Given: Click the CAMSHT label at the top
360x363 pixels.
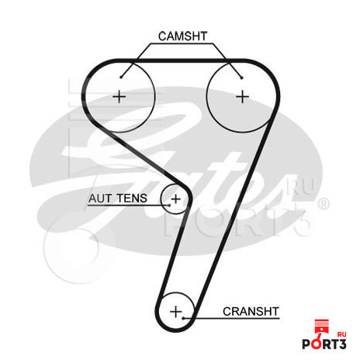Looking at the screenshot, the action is click(x=183, y=36).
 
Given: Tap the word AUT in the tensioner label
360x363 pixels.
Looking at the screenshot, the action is click(x=100, y=199).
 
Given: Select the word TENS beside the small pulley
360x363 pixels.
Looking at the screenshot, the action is click(x=132, y=199).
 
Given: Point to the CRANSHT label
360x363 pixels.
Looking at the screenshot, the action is click(x=251, y=312).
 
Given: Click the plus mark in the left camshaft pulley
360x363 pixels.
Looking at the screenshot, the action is click(x=119, y=97).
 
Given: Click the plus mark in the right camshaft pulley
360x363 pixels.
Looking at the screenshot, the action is click(x=243, y=97).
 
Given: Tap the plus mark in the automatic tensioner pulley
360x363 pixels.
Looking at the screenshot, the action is click(x=176, y=199).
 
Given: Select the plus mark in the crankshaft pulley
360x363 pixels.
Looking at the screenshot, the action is click(x=176, y=312).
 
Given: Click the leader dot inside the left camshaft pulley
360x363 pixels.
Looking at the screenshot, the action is click(x=121, y=77).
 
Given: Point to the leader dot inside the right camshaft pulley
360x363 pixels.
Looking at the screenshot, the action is click(x=241, y=78).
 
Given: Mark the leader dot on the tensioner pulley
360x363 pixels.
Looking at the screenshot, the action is click(x=169, y=206).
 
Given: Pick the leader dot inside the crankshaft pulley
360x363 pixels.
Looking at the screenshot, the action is click(x=183, y=318).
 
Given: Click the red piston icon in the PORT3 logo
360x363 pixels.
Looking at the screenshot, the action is click(x=321, y=334).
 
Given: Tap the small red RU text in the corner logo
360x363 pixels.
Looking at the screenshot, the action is click(x=342, y=334).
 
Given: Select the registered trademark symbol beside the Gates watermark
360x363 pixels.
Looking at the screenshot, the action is click(x=324, y=203).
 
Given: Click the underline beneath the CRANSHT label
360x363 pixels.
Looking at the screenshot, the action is click(x=231, y=318).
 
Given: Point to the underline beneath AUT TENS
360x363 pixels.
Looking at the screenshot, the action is click(x=129, y=206).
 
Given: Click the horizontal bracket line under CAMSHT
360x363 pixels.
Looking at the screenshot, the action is click(x=182, y=43).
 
